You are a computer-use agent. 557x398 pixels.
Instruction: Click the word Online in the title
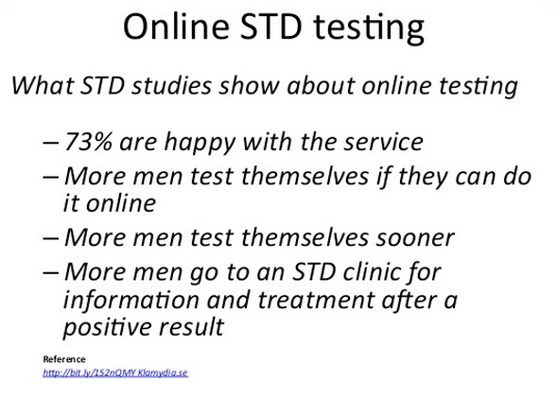(176, 26)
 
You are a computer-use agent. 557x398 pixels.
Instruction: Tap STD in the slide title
(271, 26)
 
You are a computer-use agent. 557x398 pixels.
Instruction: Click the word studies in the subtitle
(171, 86)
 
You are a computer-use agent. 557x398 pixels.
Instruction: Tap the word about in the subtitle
(321, 86)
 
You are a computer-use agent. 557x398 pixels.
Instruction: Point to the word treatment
(316, 300)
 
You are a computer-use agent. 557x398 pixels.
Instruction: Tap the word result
(192, 326)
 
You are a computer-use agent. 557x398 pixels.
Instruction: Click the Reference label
(64, 359)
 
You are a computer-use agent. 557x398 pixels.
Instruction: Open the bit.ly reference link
(115, 372)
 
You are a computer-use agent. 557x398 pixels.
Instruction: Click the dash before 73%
(50, 143)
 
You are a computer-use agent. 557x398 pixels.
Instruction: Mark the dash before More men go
(50, 273)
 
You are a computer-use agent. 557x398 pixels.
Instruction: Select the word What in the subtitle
(43, 86)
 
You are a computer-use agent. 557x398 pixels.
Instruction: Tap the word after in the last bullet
(409, 300)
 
